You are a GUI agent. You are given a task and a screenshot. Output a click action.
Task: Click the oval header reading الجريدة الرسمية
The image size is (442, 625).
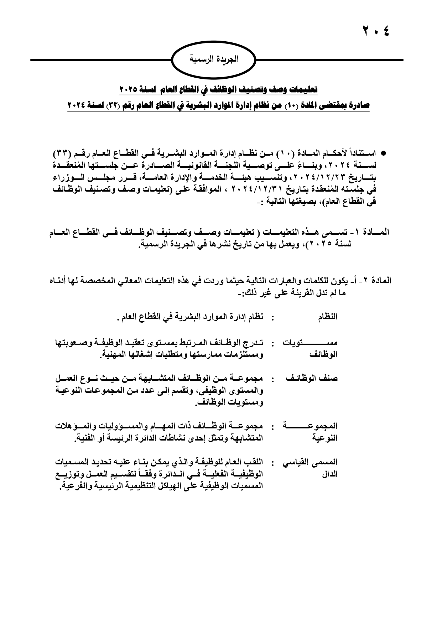coord(214,59)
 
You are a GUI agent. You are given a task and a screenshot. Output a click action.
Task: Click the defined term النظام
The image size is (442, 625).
coord(328,317)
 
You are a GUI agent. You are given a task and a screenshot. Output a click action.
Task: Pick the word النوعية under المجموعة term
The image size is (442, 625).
coord(325,438)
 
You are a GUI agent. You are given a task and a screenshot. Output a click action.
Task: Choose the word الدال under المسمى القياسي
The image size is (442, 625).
coord(330,474)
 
